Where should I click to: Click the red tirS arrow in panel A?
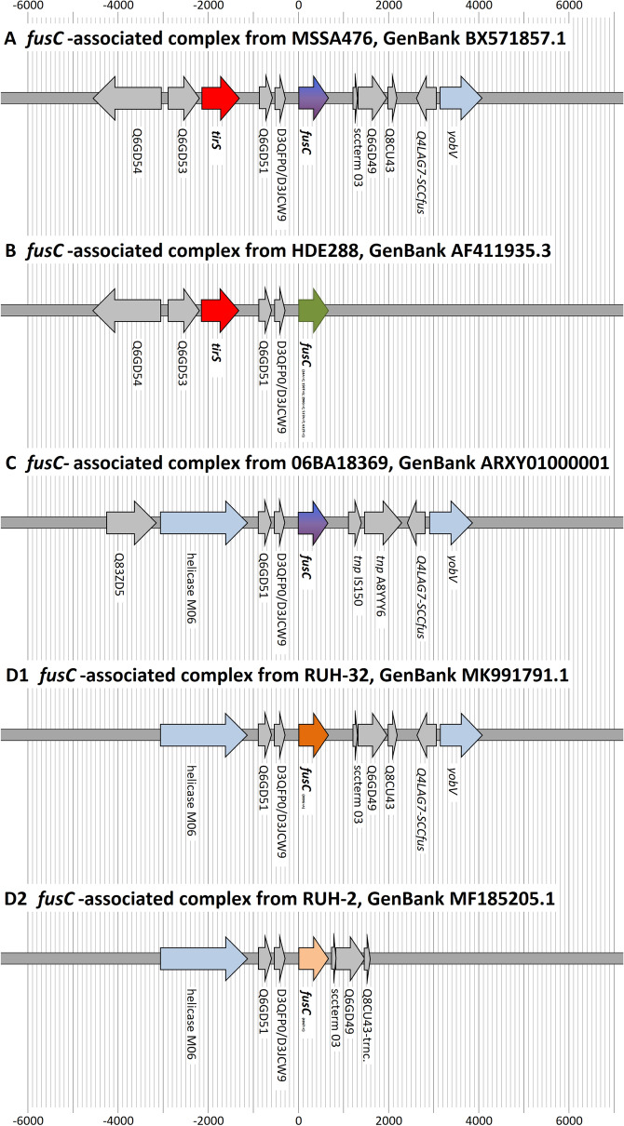coord(220,98)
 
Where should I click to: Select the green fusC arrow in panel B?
coord(313,307)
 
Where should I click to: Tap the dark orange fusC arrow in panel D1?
coord(313,734)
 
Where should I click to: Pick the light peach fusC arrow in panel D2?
coord(313,958)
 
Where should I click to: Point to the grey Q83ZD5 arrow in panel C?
coord(131,524)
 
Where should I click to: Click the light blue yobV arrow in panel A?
coord(460,98)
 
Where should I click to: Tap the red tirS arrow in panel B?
coord(220,307)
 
